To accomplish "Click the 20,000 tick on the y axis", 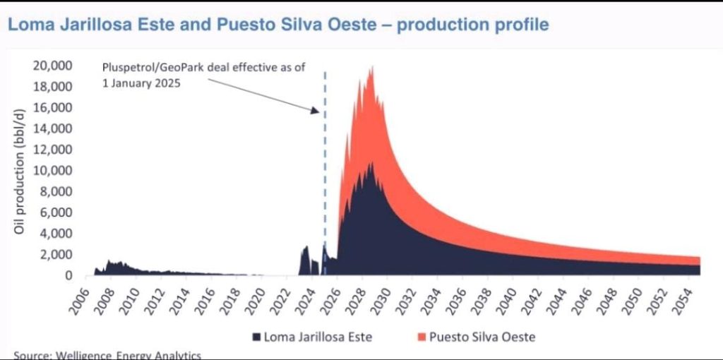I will (52, 66).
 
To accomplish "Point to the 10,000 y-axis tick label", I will (52, 170).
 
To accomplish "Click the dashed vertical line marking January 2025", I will (325, 176).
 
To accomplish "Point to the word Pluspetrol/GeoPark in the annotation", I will (145, 68).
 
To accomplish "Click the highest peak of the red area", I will (372, 68).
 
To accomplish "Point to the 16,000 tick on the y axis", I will (52, 107).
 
